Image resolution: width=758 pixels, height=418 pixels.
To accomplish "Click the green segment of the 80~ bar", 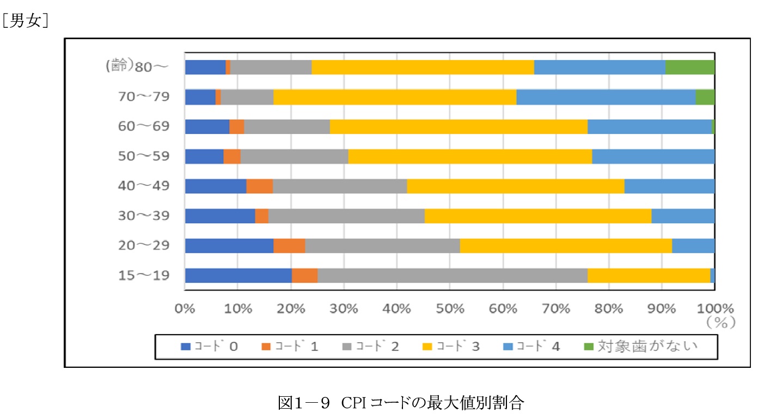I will click(x=689, y=67).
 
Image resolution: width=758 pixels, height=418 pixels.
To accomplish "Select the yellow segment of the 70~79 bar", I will click(x=395, y=97).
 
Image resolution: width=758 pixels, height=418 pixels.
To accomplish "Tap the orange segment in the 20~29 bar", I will click(x=289, y=246).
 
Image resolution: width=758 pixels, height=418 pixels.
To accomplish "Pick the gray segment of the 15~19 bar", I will click(x=452, y=276).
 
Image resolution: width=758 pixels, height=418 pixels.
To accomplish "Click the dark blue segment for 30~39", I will click(x=219, y=216).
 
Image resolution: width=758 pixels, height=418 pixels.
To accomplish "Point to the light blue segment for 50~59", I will click(x=653, y=156).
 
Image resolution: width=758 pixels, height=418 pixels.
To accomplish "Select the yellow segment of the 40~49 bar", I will click(x=515, y=186).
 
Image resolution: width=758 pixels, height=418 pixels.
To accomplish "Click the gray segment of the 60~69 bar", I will click(x=287, y=126).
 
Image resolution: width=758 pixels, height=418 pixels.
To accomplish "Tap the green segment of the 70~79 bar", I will click(x=705, y=97).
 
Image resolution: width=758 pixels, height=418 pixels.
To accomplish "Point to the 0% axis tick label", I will click(x=185, y=308).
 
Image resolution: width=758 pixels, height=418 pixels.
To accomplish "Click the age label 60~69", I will click(x=144, y=126).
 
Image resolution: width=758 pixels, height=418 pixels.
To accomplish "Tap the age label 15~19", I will click(x=144, y=276).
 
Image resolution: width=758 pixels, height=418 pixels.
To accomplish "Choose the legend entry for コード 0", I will click(x=210, y=346).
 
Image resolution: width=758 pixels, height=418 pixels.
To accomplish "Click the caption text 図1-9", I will click(x=305, y=404).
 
